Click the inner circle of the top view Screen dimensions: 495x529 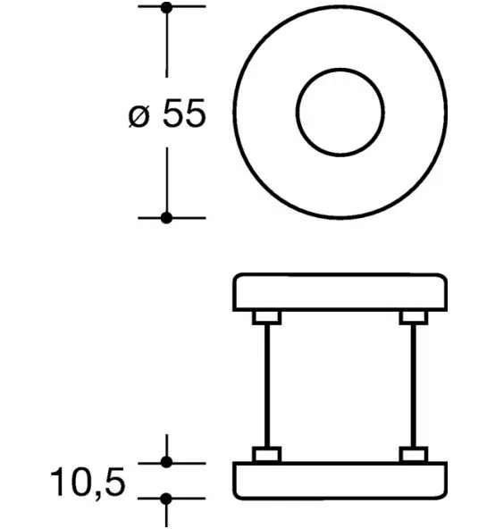tap(340, 70)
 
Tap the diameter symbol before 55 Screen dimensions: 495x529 tap(139, 116)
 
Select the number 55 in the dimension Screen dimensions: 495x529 tap(184, 113)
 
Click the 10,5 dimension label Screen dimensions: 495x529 tap(88, 483)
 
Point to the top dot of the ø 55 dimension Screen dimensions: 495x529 tap(166, 7)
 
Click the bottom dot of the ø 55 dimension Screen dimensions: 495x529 tap(166, 218)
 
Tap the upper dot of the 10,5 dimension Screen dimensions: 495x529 tap(166, 462)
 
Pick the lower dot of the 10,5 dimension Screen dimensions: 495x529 tap(166, 499)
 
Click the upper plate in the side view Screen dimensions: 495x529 tap(340, 292)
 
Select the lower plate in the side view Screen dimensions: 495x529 tap(340, 481)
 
